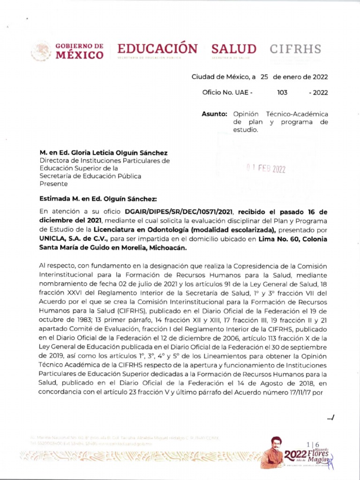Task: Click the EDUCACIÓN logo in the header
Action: click(x=157, y=49)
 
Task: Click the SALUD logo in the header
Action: click(x=233, y=49)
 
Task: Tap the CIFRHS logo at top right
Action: click(x=295, y=49)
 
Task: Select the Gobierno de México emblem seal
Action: click(x=41, y=51)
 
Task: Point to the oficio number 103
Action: click(x=282, y=92)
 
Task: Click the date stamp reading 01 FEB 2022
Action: click(x=266, y=169)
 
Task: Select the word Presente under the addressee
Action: click(x=53, y=184)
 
